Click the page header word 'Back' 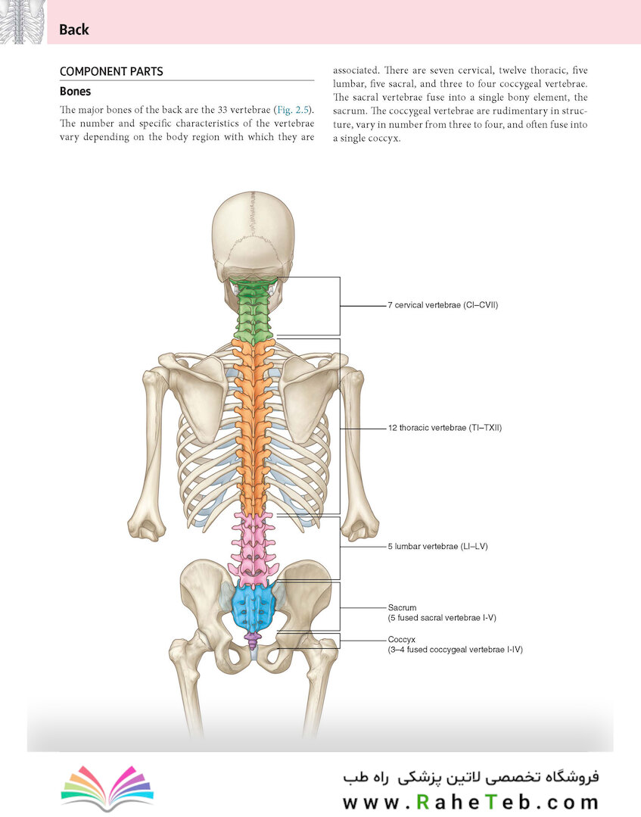click(74, 30)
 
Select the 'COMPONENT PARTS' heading click(111, 71)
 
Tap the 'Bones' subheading click(75, 91)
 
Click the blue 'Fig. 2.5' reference click(293, 110)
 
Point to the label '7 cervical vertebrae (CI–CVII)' click(443, 305)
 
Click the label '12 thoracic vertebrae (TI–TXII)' click(445, 428)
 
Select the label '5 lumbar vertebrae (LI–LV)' click(437, 547)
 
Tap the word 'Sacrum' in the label click(402, 607)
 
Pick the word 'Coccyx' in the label click(401, 639)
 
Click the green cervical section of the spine click(254, 310)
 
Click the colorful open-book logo click(107, 787)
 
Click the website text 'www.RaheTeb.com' click(471, 802)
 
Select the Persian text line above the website click(471, 778)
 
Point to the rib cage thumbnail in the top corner click(21, 22)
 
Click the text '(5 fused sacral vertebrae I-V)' click(442, 618)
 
